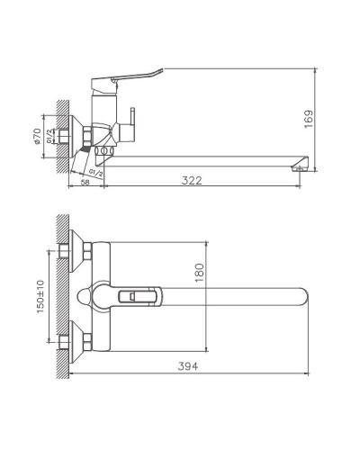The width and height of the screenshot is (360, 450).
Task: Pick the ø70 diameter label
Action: click(40, 135)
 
